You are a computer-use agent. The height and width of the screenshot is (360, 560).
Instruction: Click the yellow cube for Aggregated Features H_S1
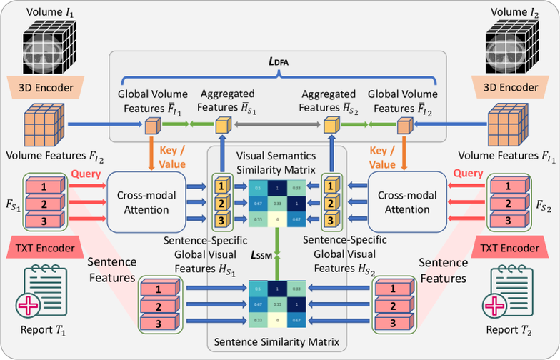pyautogui.click(x=221, y=126)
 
